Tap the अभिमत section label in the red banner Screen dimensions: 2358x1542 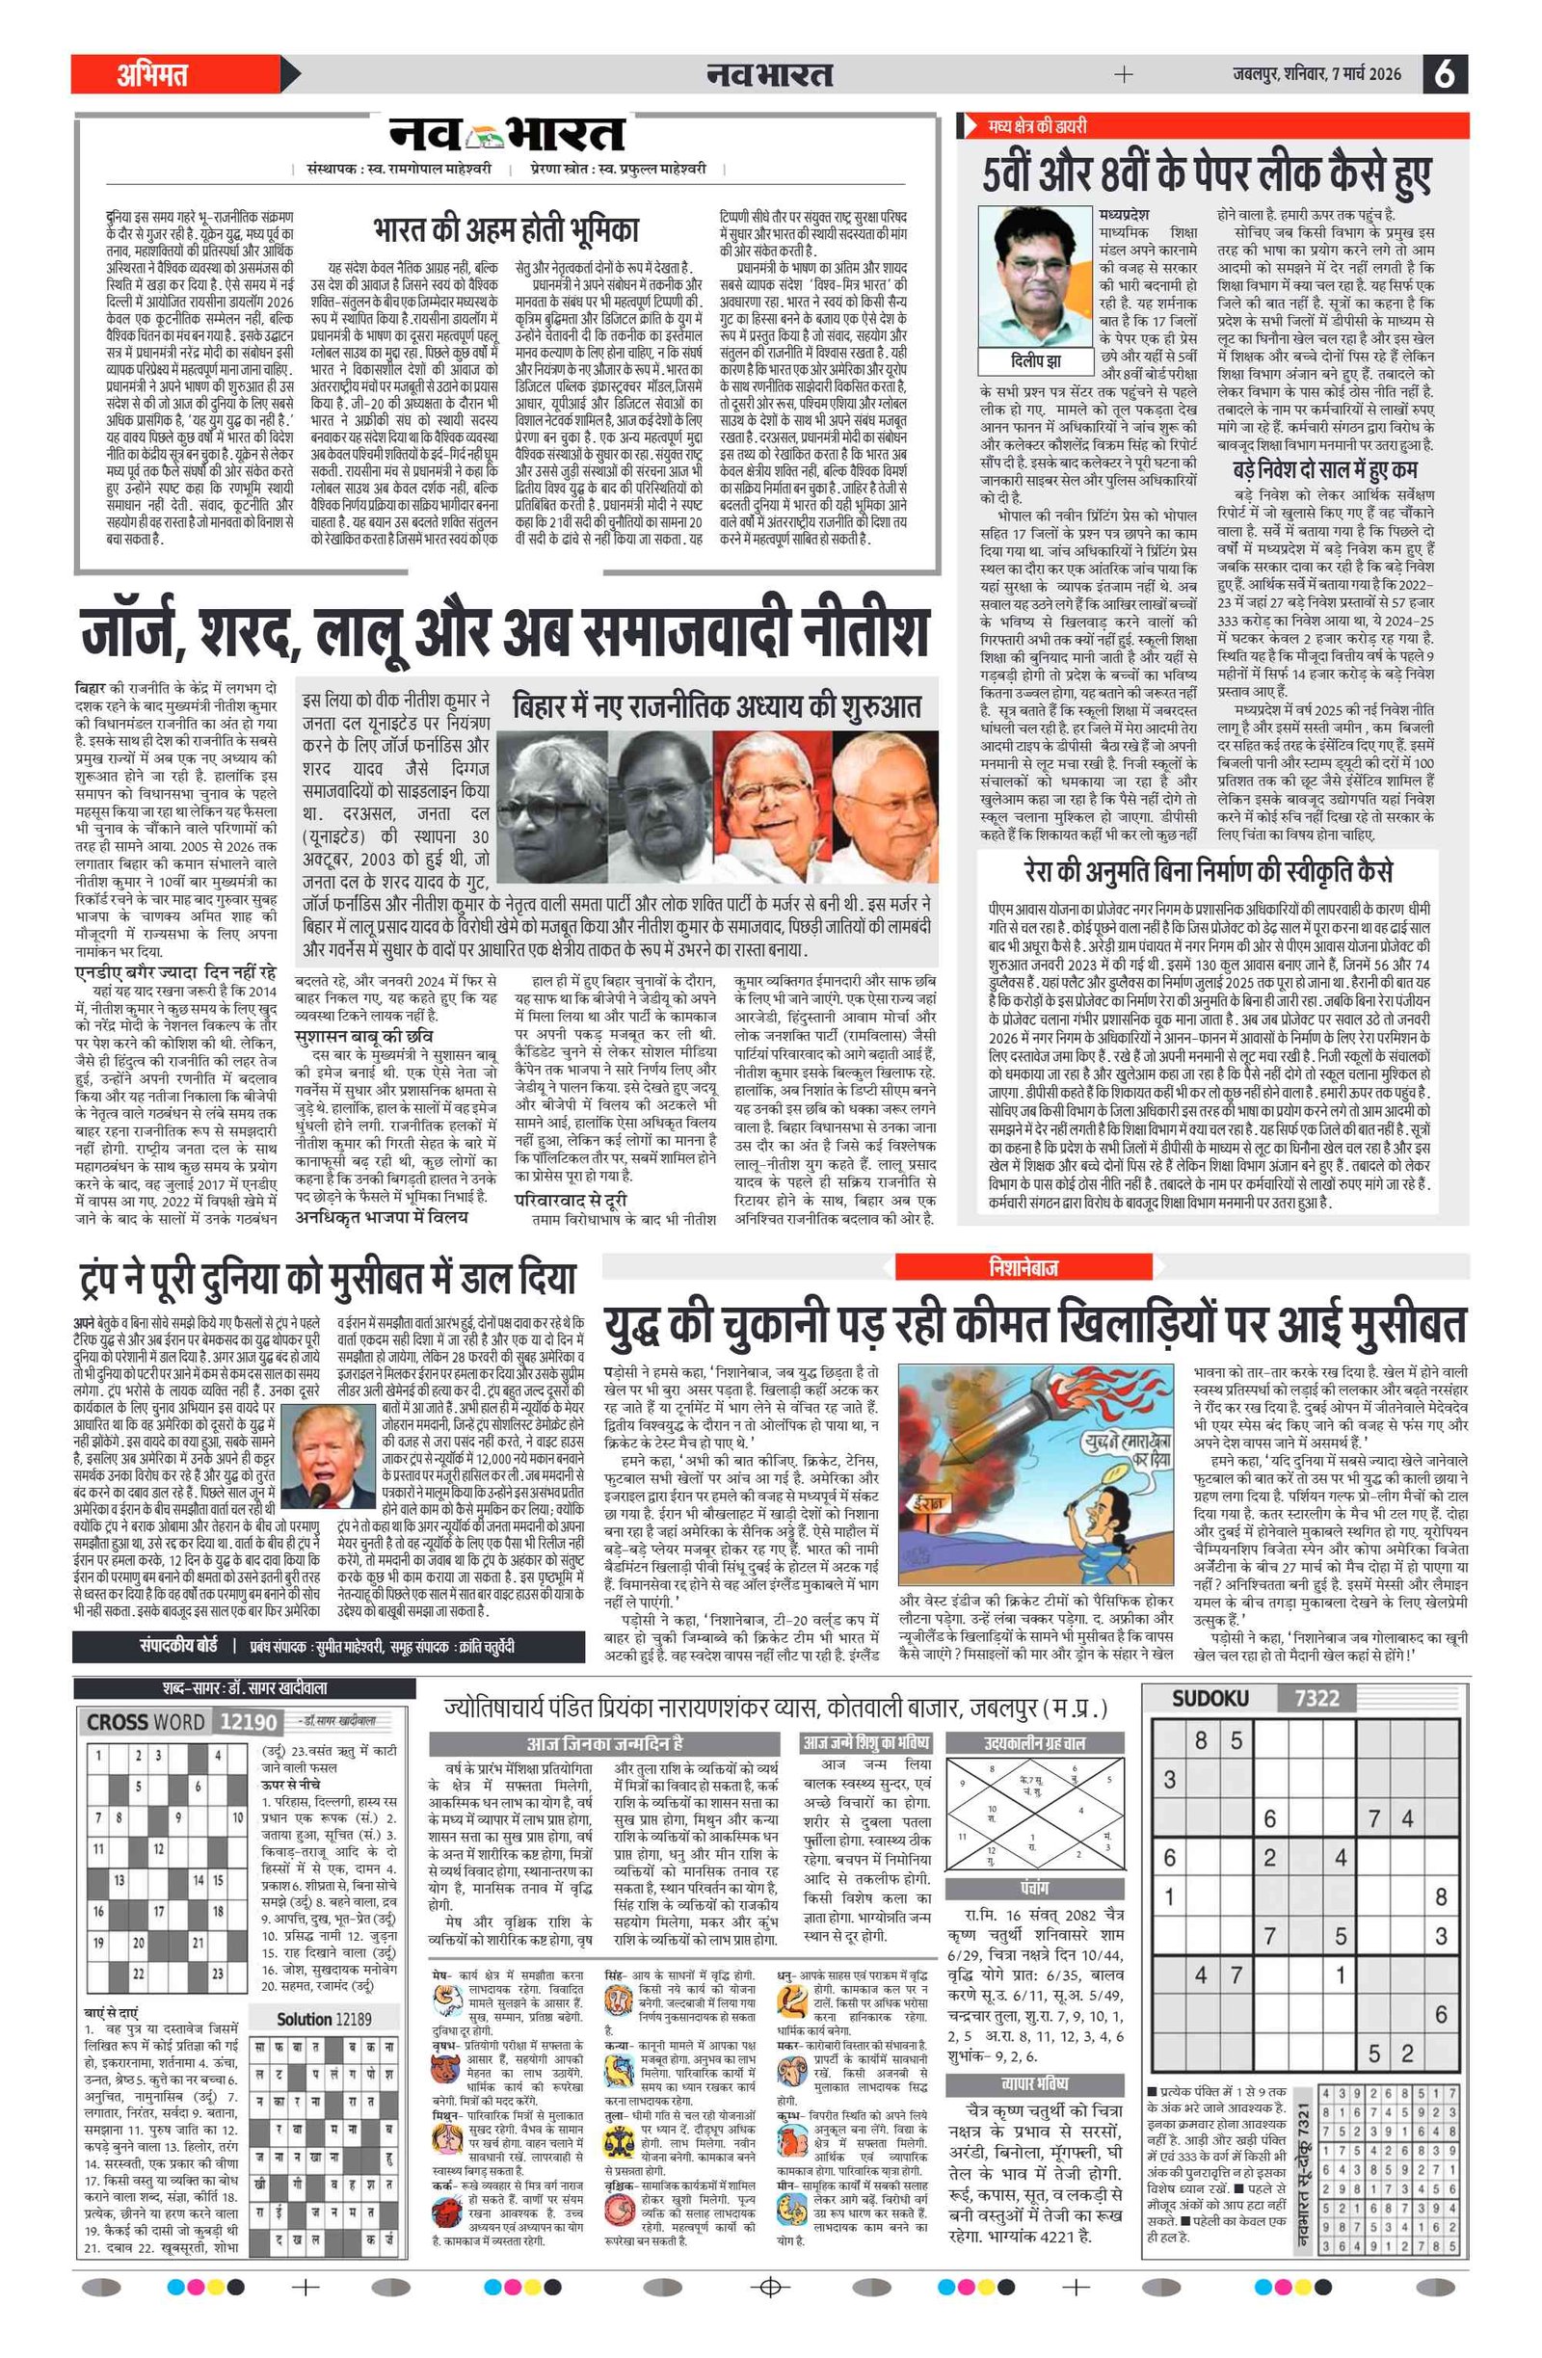152,74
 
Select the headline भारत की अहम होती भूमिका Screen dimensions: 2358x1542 505,231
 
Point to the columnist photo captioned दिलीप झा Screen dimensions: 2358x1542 1036,278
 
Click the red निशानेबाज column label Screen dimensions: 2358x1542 1023,1267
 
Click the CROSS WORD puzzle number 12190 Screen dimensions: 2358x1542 248,1722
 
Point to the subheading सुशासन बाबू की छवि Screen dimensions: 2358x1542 363,1036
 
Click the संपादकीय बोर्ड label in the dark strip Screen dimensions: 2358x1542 178,1647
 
